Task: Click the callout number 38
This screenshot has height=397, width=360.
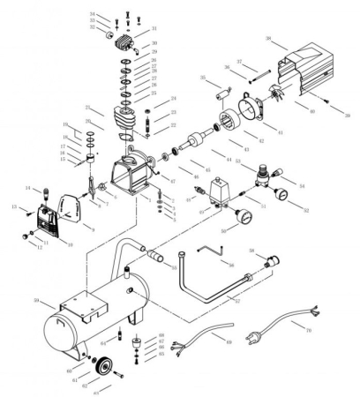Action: point(270,39)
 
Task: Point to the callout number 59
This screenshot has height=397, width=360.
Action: point(37,302)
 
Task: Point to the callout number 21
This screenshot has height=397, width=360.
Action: point(87,108)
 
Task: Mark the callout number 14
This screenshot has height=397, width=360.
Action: point(29,188)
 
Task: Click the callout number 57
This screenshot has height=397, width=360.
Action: point(236,300)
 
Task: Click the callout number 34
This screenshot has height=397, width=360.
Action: point(93,15)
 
